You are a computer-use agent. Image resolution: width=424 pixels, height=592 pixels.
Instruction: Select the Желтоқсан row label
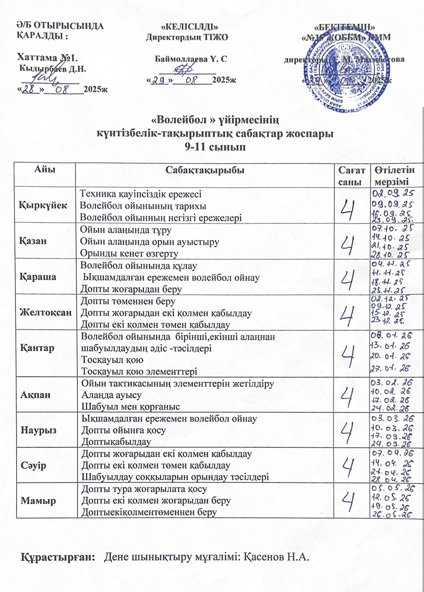(45, 312)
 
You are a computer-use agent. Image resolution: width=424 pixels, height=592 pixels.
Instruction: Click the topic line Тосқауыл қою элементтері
(139, 371)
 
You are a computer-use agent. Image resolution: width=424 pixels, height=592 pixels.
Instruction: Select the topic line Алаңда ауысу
(111, 395)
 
